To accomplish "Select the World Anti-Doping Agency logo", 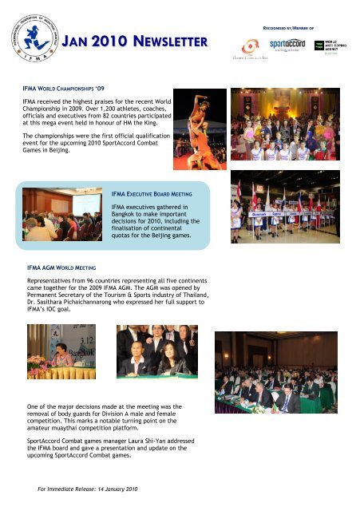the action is click(x=329, y=45).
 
